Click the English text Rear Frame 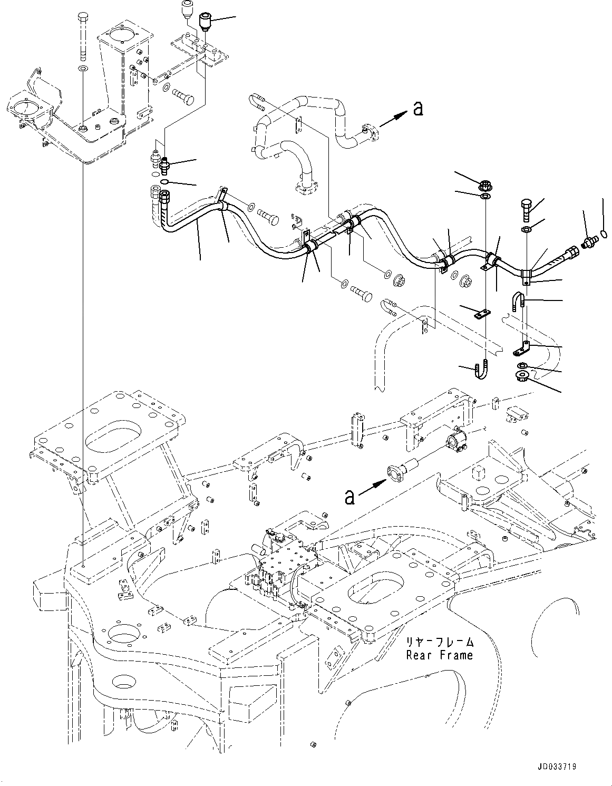click(439, 655)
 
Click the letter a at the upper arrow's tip click(418, 108)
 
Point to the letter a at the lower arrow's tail click(349, 497)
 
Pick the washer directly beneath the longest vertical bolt click(83, 68)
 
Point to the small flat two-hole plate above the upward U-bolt click(482, 314)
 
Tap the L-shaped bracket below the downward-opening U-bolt click(521, 348)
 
